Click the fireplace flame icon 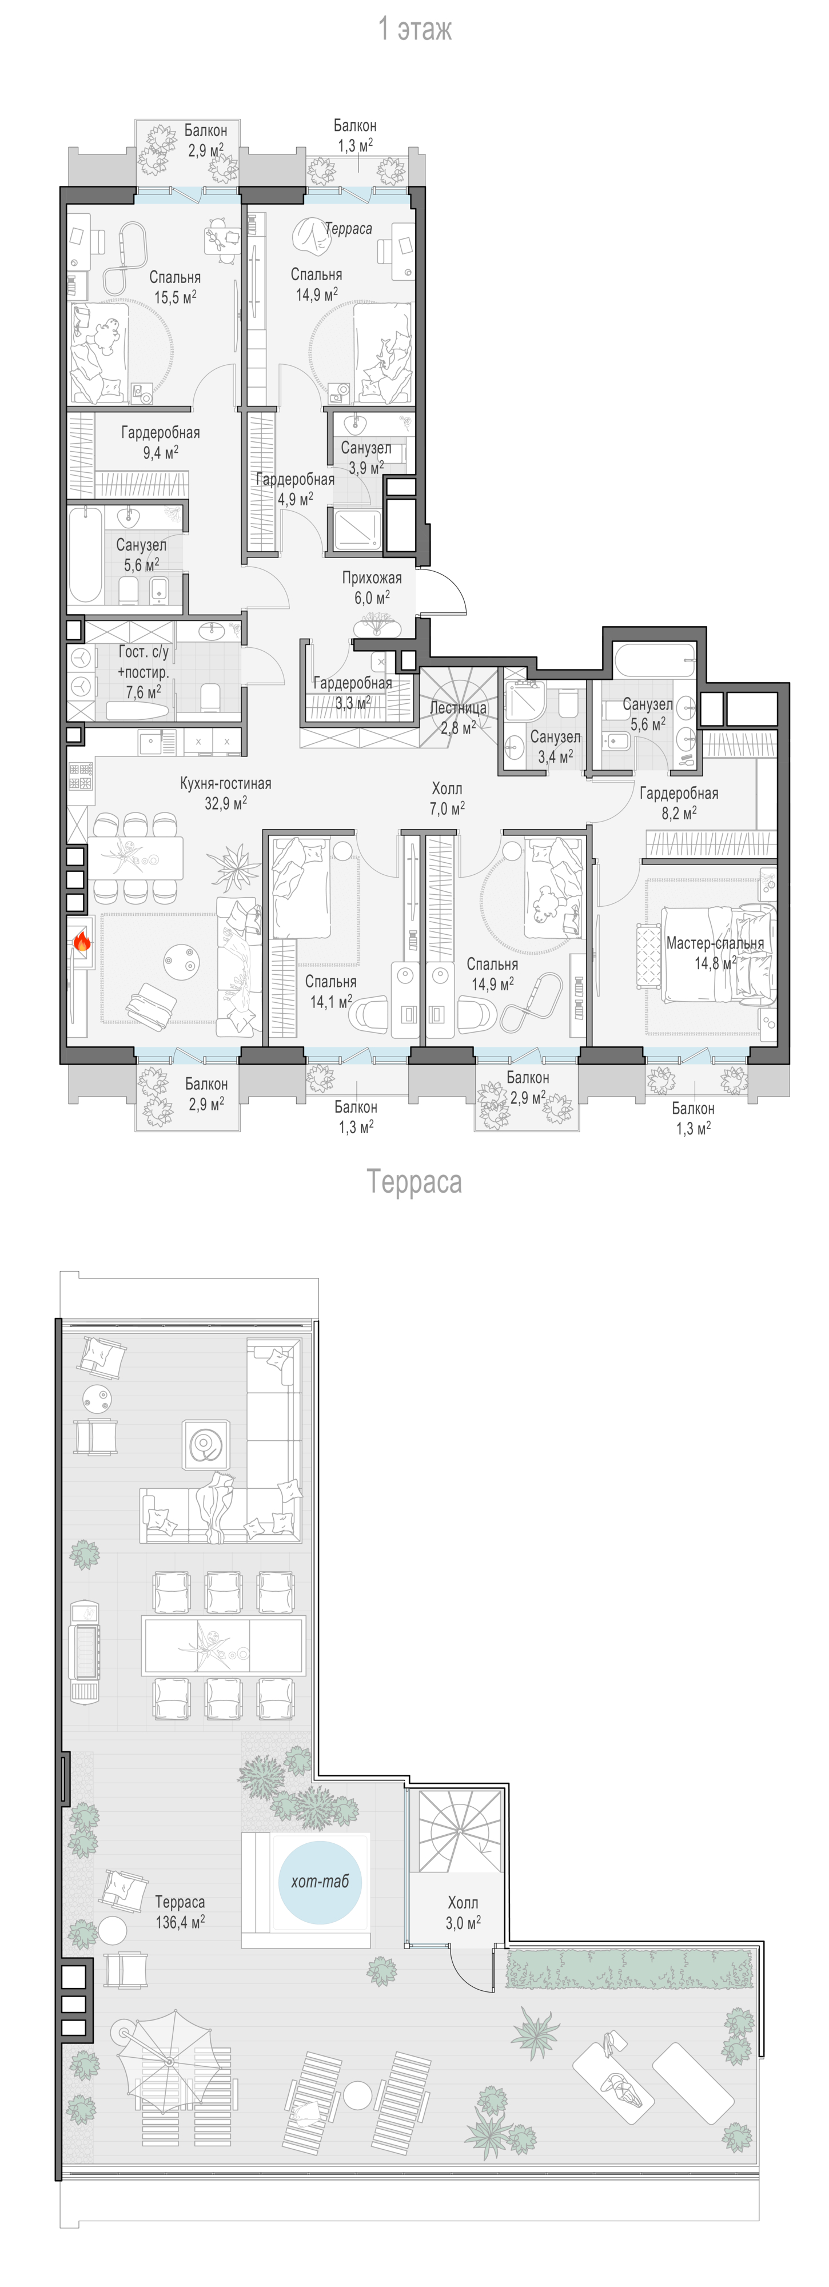tap(81, 941)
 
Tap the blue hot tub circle tap(320, 1881)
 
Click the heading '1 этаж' tap(414, 29)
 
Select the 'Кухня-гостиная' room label tap(225, 783)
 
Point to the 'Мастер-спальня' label tap(715, 943)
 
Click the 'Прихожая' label tap(372, 578)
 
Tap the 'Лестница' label tap(458, 708)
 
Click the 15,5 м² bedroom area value tap(176, 297)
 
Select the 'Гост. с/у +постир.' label tap(143, 662)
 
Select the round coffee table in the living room tap(180, 960)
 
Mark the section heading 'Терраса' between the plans tap(414, 1182)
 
